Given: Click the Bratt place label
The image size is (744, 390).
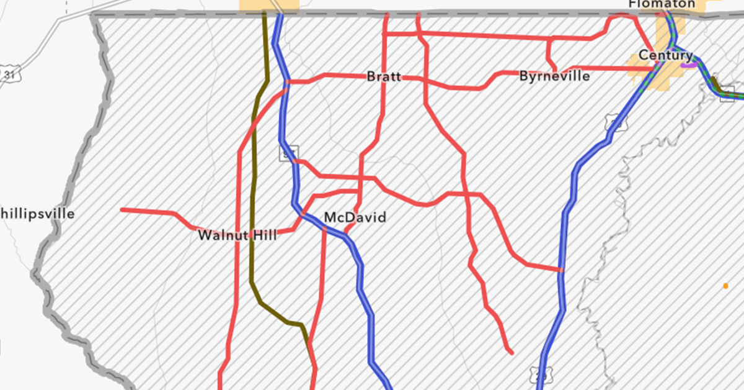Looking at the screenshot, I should click(384, 77).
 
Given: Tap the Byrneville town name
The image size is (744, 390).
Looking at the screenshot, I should click(554, 76).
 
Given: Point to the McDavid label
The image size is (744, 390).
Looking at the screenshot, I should click(355, 217).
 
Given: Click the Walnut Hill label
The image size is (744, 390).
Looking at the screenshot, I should click(237, 235).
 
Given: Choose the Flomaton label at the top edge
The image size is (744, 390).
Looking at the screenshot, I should click(661, 4).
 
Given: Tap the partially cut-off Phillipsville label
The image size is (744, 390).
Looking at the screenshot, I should click(37, 214).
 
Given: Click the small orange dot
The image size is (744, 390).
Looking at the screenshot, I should click(725, 286).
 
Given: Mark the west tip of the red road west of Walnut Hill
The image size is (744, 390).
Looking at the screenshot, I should click(123, 210).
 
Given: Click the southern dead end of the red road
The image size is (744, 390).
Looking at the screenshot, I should click(511, 352).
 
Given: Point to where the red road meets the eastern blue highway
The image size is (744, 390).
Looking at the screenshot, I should click(562, 270).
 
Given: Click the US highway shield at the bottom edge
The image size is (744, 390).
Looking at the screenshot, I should click(539, 374).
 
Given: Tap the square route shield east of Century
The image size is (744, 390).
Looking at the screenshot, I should click(727, 97).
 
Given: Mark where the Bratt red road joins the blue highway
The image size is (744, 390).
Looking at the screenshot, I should click(286, 82).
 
